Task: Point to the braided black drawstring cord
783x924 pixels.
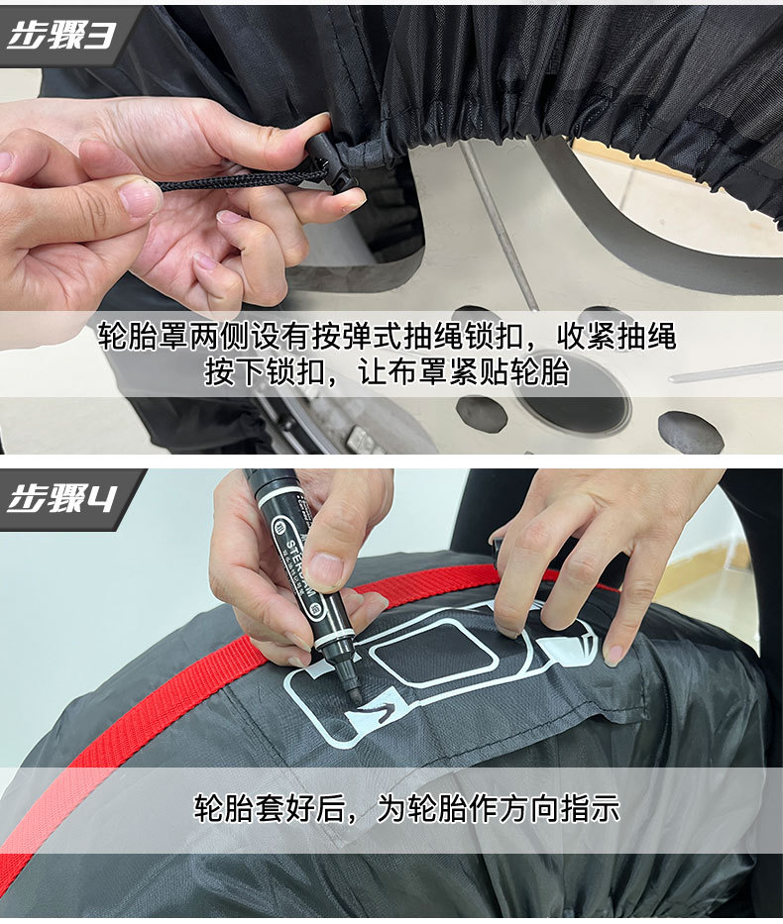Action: click(x=238, y=180)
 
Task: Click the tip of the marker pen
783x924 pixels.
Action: click(x=355, y=697)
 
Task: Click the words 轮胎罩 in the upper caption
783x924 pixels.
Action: click(x=135, y=336)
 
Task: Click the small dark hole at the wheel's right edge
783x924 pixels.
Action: click(x=690, y=432)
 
